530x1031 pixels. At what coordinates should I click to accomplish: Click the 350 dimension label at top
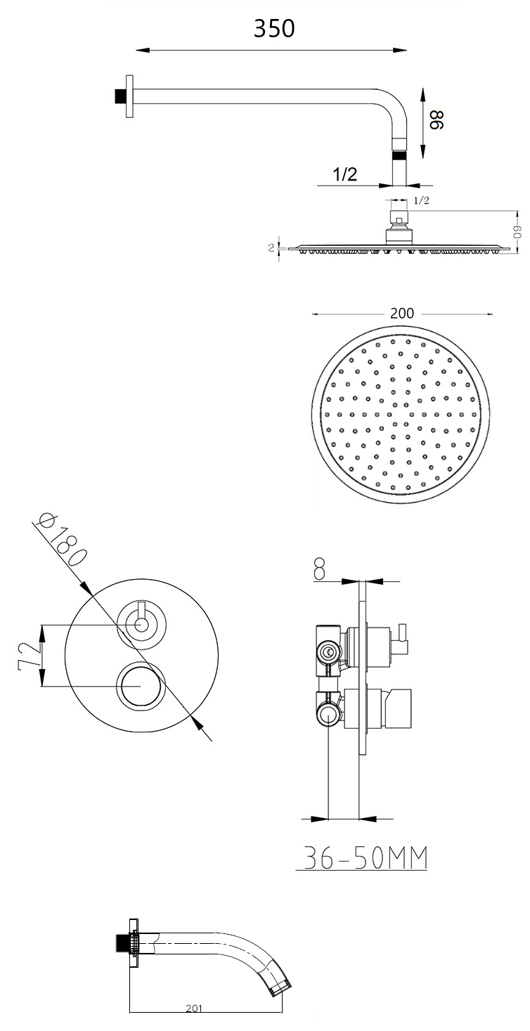(x=274, y=29)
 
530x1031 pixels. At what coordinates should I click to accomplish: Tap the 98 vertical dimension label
(x=436, y=119)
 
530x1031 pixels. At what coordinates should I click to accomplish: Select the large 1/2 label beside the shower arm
(x=344, y=174)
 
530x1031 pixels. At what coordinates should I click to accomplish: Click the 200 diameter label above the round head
(x=401, y=313)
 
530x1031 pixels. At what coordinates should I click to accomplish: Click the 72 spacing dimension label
(x=29, y=656)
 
